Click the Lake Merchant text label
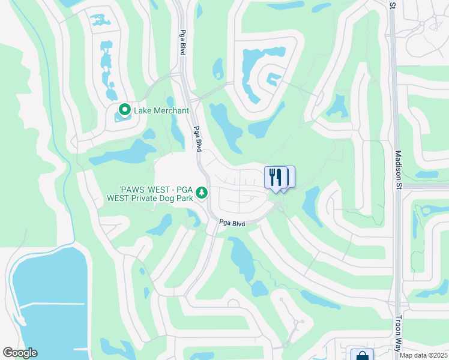[161, 110]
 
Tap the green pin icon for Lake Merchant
[125, 110]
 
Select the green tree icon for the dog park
[203, 192]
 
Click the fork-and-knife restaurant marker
[276, 177]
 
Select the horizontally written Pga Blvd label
[232, 223]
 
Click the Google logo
[20, 353]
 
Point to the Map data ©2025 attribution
[423, 355]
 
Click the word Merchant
[170, 110]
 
